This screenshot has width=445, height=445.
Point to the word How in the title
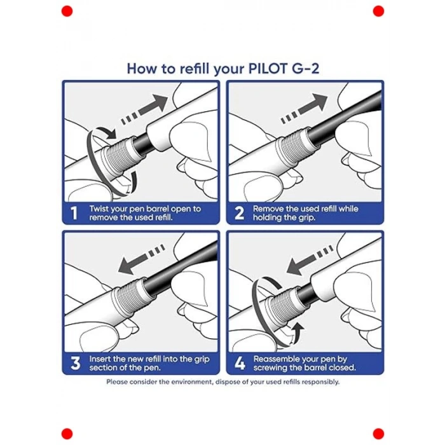(x=143, y=68)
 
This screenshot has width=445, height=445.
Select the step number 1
(x=74, y=214)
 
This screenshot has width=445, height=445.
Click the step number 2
(x=240, y=214)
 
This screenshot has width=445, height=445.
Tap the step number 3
(x=75, y=364)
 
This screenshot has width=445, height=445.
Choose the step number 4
(x=240, y=364)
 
